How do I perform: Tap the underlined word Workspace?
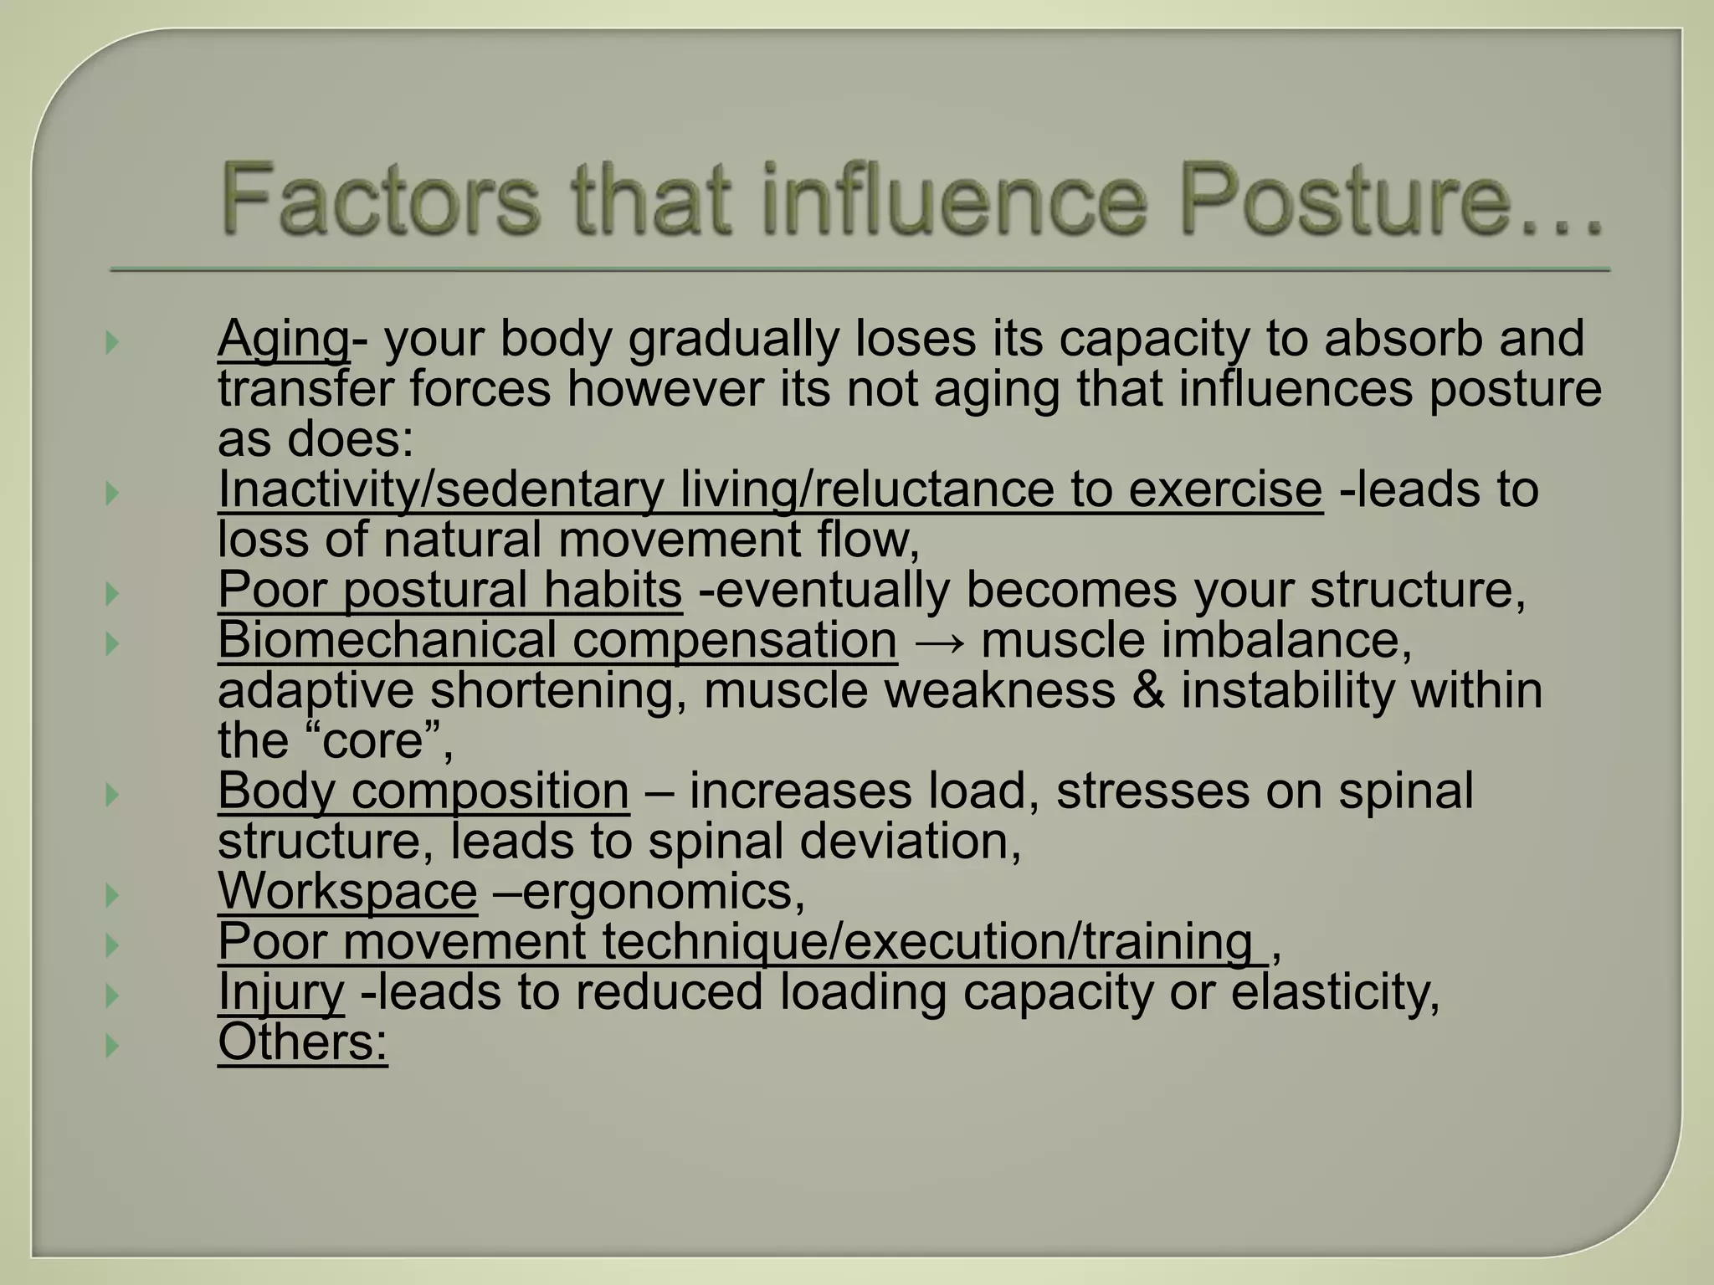tap(347, 891)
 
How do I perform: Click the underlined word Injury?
tap(280, 993)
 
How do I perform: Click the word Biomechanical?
tap(387, 642)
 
